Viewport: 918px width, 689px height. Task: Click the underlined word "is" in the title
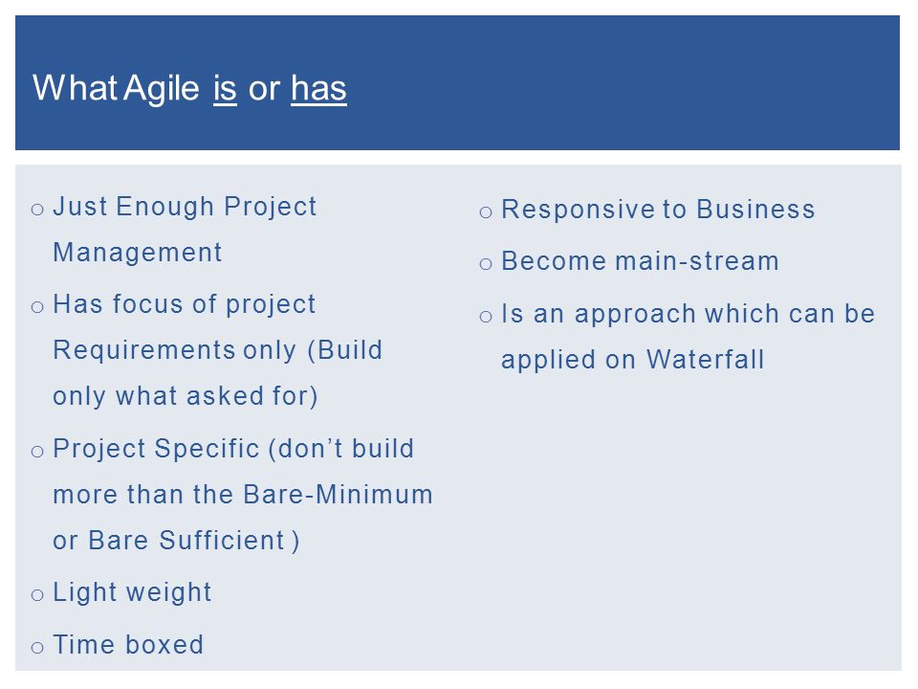point(225,89)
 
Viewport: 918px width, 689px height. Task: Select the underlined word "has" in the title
point(318,89)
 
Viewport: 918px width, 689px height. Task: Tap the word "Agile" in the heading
point(162,89)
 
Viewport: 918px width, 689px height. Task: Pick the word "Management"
point(138,253)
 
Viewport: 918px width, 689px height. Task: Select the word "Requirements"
point(144,350)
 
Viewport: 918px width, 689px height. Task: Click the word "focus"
point(147,304)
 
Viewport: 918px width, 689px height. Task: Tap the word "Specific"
point(208,450)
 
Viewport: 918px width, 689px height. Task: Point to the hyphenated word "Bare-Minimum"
point(338,495)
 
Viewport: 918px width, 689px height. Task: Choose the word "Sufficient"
point(222,540)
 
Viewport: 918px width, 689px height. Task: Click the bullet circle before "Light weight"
point(37,595)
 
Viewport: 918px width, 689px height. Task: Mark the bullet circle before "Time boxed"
point(37,648)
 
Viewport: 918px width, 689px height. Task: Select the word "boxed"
point(164,645)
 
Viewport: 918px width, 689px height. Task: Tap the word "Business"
point(755,210)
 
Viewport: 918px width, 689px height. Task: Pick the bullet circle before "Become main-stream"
point(486,264)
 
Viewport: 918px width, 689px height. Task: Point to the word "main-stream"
point(697,261)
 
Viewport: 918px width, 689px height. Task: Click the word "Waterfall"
point(706,360)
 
